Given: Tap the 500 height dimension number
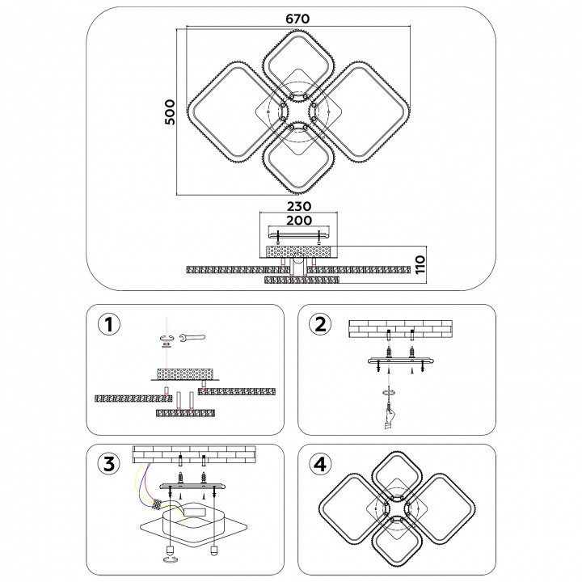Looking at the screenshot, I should [170, 112].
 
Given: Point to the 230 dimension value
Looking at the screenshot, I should [299, 206].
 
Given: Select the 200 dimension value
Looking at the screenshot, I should [299, 221].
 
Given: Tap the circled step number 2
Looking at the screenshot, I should [321, 325].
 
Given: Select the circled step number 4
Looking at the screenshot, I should [321, 464].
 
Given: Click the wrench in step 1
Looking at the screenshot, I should [192, 337].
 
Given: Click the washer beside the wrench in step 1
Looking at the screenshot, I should [167, 339].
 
